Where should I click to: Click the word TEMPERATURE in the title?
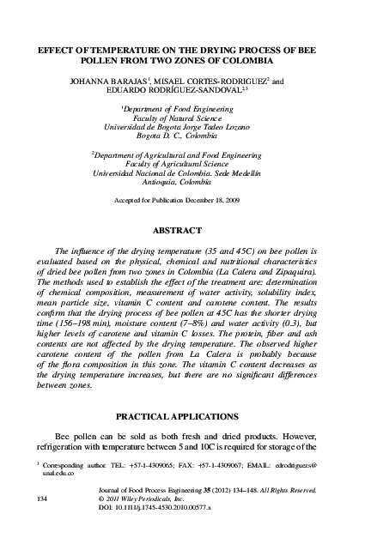click(116, 51)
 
